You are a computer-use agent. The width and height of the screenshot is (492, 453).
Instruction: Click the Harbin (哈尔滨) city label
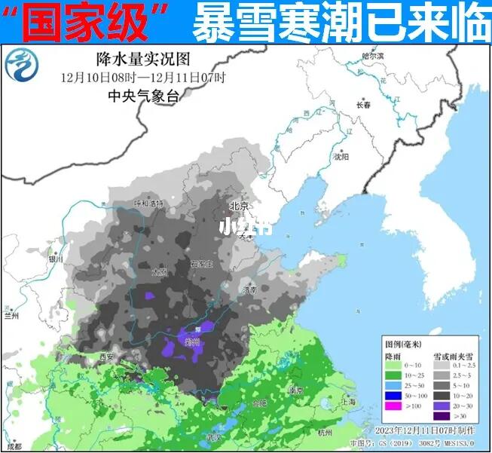pos(372,56)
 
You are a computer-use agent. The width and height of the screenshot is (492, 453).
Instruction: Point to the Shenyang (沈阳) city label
pos(341,157)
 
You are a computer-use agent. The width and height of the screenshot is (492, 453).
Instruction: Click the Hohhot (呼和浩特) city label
pos(148,204)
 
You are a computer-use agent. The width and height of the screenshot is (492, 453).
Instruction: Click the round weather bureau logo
pos(23,68)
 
